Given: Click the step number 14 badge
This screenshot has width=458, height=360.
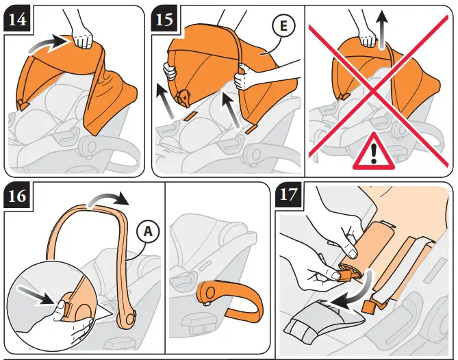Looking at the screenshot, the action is [17, 20].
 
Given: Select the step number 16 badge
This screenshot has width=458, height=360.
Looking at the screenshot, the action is [17, 195].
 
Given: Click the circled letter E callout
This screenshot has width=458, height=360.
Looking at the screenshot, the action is [283, 25].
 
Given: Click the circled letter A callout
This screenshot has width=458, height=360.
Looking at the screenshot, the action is [149, 232].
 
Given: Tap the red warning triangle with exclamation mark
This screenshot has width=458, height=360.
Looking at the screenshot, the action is [374, 152].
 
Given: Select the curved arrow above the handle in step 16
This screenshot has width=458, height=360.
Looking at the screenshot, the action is [109, 200].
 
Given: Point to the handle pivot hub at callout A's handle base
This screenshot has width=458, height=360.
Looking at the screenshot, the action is [127, 320].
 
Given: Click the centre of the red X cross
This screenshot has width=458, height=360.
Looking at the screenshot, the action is [374, 92].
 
